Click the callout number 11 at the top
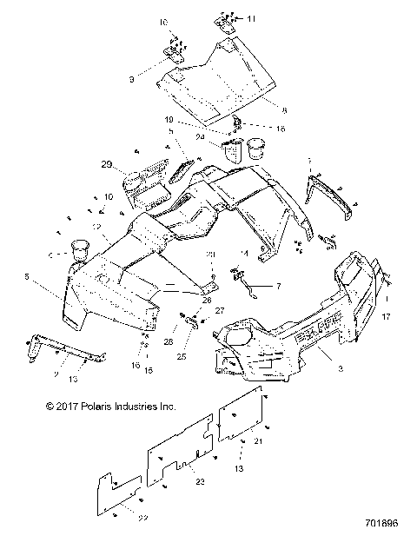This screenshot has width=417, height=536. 252,18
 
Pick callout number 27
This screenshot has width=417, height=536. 219,309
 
